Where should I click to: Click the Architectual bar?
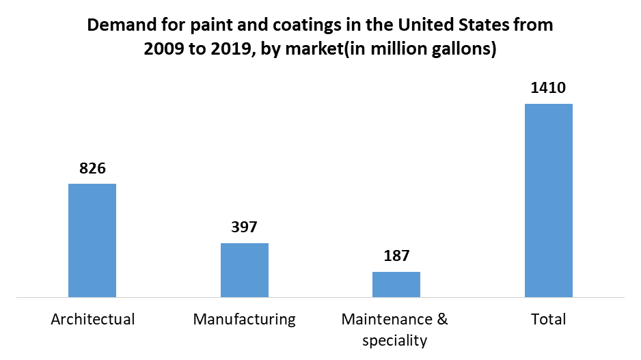[x=92, y=240]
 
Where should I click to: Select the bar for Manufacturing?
[x=244, y=270]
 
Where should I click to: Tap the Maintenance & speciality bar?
[x=396, y=284]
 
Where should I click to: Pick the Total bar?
[x=549, y=200]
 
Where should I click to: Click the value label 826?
[x=92, y=168]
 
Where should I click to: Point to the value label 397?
[x=244, y=227]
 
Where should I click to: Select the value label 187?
[x=396, y=256]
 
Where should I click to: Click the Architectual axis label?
[x=93, y=319]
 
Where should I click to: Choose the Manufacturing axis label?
[x=244, y=319]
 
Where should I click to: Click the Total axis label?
[x=549, y=319]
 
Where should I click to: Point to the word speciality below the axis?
[x=395, y=340]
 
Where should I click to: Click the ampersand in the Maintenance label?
[x=442, y=319]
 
